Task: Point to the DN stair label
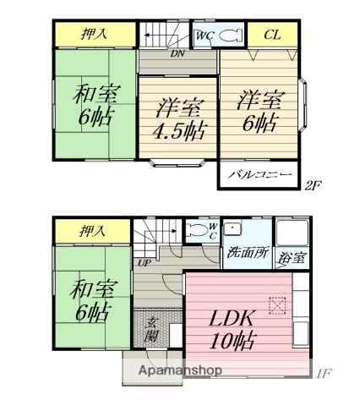coord(177,53)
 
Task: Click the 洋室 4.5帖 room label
coord(177,119)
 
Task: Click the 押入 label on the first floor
coord(95,228)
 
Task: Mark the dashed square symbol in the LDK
coord(276,305)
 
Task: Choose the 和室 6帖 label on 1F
coord(92,301)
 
